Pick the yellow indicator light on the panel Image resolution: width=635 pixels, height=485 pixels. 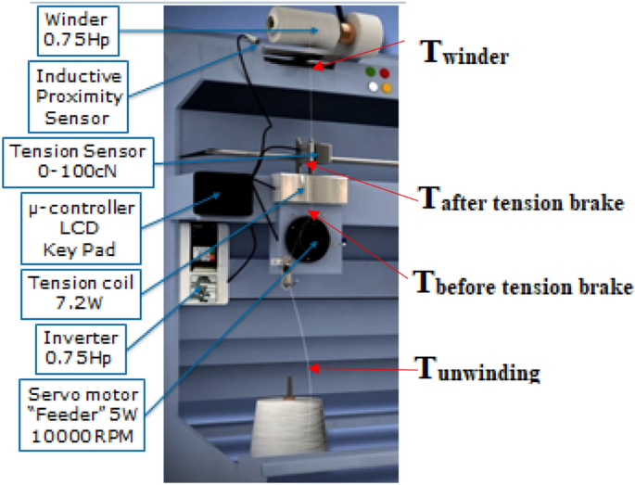pyautogui.click(x=387, y=87)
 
